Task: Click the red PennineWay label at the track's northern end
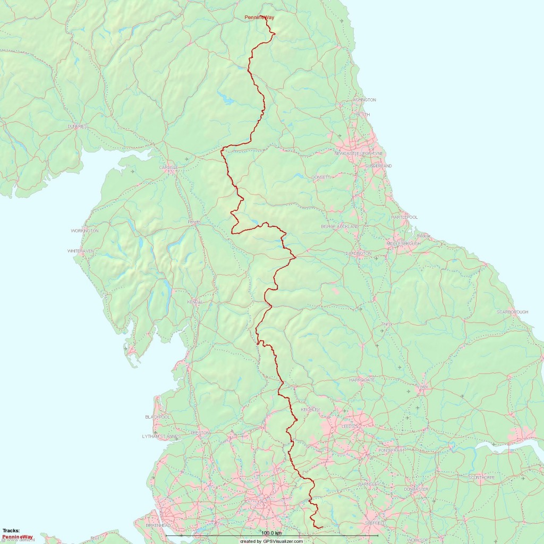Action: tap(259, 18)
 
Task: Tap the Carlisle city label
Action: tap(168, 167)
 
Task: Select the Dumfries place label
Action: tap(77, 126)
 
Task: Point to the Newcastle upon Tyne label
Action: tap(359, 154)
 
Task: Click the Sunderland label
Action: tap(378, 166)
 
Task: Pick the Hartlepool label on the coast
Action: tap(404, 218)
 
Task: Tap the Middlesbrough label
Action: tap(403, 243)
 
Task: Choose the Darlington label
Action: tap(358, 254)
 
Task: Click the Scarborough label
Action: tap(512, 312)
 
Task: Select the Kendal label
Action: tap(195, 302)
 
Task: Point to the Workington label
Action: tap(84, 231)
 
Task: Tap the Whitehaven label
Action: tap(81, 251)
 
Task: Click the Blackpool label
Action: tap(157, 417)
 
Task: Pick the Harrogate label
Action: tap(362, 380)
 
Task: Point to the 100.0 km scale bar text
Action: tap(271, 533)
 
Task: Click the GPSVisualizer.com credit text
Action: tap(271, 541)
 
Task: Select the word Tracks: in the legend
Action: tap(11, 531)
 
